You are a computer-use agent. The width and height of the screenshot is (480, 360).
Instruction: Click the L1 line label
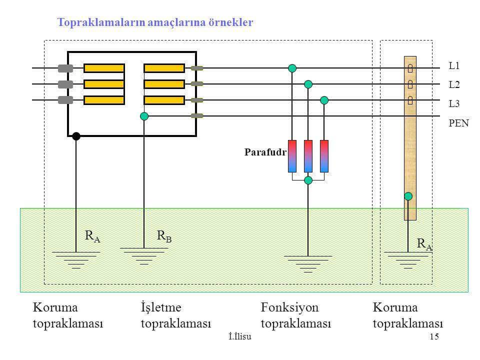pos(454,66)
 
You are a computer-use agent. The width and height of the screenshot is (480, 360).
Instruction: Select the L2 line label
pos(454,84)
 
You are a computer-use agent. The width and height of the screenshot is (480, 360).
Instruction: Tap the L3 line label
pos(454,104)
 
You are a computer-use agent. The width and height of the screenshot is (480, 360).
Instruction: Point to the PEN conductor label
pos(458,123)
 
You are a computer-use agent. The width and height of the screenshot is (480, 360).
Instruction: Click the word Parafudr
pos(265,152)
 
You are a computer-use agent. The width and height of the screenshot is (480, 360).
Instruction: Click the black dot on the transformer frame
pos(76,136)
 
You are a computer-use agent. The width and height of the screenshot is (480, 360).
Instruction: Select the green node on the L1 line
pos(292,68)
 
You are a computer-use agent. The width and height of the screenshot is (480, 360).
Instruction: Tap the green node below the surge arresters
pos(308,180)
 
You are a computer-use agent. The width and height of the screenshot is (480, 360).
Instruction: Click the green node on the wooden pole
pos(408,196)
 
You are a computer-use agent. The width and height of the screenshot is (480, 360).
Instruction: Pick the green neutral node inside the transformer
pos(144,116)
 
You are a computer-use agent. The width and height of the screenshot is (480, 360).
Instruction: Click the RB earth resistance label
pos(164,236)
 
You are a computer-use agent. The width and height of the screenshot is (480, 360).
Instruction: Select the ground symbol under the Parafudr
pos(308,264)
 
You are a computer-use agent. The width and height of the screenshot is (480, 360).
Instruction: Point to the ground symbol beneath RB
pos(144,256)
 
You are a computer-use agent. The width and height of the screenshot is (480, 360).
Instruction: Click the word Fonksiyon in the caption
pos(289,307)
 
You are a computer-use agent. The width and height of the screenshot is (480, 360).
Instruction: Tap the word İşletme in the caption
pos(161,307)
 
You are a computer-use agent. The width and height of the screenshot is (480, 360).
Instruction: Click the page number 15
pos(434,336)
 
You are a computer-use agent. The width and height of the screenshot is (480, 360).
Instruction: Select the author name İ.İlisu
pos(240,336)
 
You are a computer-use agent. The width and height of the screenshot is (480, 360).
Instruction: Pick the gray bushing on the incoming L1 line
pos(65,68)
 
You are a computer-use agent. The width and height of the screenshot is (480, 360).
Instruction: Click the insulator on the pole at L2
pos(410,84)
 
